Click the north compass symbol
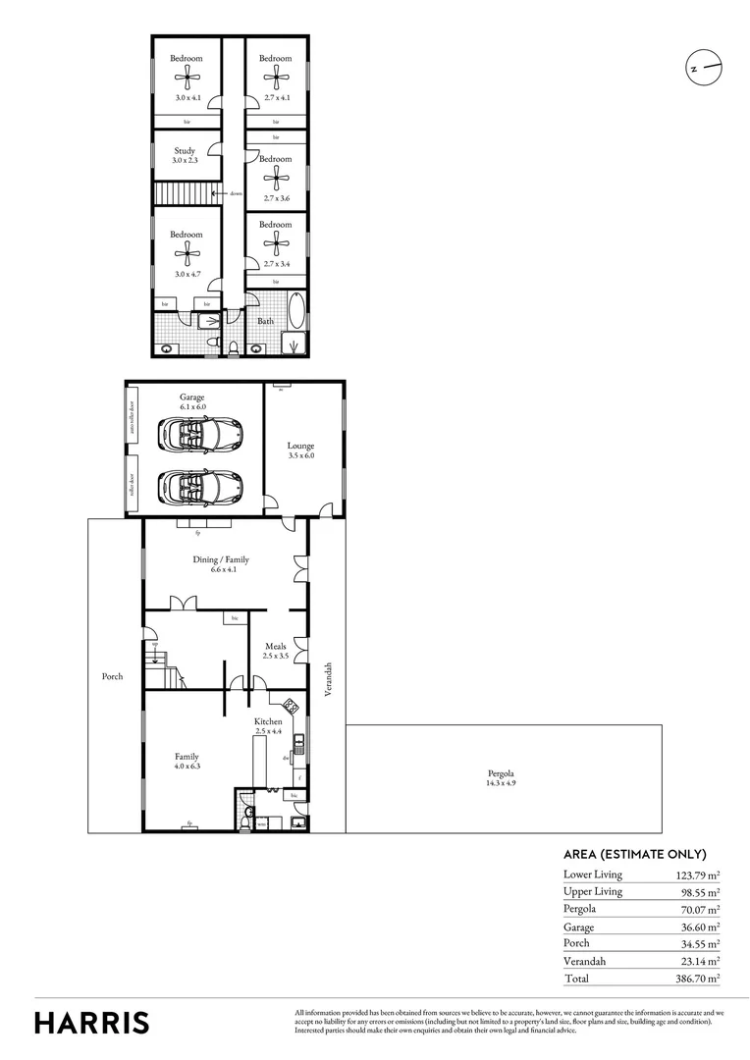(703, 68)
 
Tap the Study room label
(185, 151)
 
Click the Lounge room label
(300, 446)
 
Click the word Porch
(113, 676)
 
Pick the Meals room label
(275, 646)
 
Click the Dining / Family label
(220, 559)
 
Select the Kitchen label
(268, 721)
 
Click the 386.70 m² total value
(695, 979)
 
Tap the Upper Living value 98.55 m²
(698, 891)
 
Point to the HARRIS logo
(92, 1023)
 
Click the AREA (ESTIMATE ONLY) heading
(634, 854)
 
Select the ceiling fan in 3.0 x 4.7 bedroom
(186, 255)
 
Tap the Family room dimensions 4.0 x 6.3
(187, 768)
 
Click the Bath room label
(266, 321)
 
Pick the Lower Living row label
(592, 874)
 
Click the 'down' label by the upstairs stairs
(238, 194)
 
